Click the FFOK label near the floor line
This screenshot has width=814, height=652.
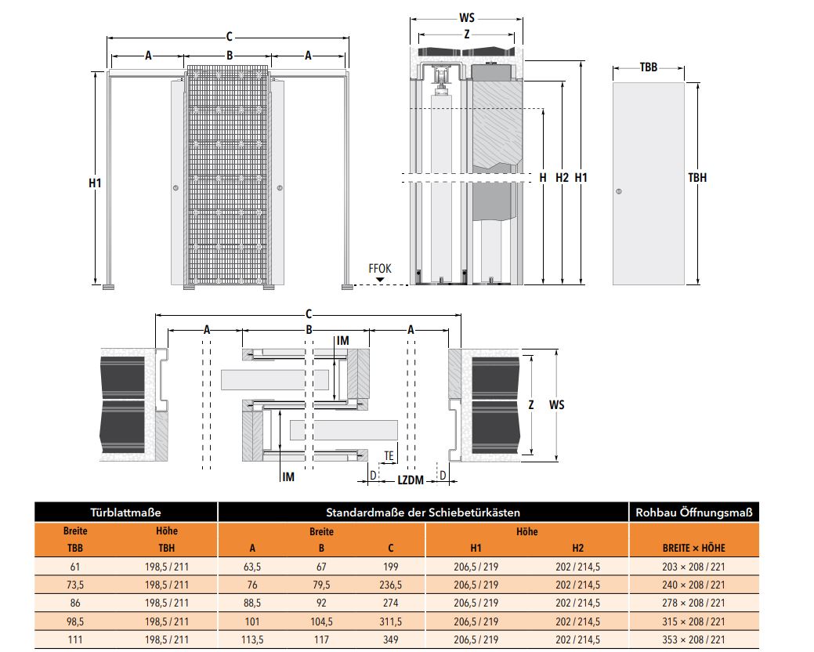coord(379,268)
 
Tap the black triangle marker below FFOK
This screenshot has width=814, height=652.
coord(380,280)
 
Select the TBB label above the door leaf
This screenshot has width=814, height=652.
coord(649,67)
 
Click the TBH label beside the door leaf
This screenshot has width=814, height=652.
coord(697,178)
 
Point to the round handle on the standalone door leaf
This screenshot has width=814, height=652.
coord(618,191)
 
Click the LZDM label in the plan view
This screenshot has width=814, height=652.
coord(411,480)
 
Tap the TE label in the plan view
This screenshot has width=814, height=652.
coord(389,456)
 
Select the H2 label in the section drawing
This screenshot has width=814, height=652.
coord(563,178)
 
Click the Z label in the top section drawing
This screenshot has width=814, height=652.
coord(467,34)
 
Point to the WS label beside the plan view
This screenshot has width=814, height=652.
coord(556,404)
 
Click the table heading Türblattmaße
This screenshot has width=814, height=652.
coord(125,513)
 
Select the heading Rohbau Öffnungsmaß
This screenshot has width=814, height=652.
coord(694,513)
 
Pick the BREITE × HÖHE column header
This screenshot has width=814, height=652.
coord(694,549)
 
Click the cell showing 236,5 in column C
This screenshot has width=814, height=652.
coord(390,585)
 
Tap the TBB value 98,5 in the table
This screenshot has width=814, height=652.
coord(75,621)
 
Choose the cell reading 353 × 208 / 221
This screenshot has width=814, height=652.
coord(693,639)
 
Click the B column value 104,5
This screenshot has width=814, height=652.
coord(321,621)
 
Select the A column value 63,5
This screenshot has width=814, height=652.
coord(252,567)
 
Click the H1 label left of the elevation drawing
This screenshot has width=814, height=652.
coord(95,183)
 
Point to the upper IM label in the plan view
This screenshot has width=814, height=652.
coord(342,341)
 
